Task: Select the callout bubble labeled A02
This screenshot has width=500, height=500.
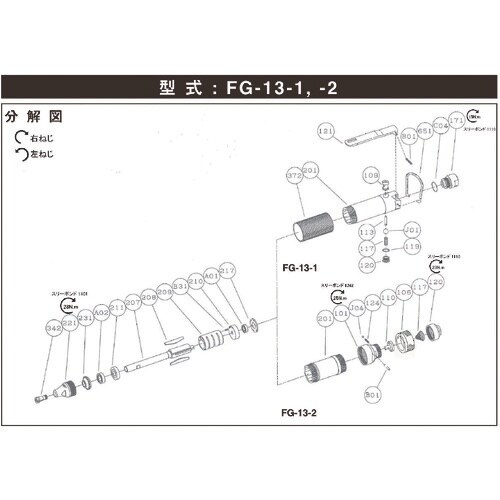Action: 101,313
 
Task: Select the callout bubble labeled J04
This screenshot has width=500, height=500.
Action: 358,309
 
